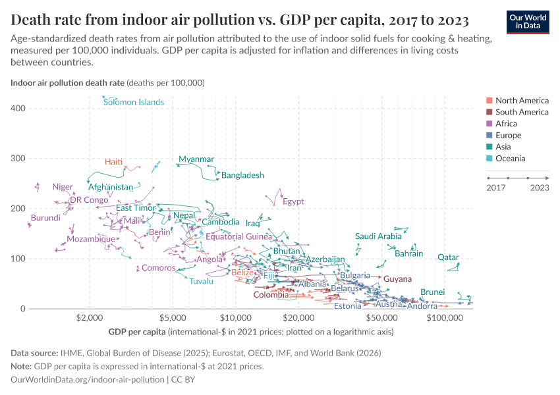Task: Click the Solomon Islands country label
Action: (134, 102)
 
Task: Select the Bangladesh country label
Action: (242, 175)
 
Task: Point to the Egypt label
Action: (293, 201)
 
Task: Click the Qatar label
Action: (448, 257)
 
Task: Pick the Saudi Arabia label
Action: (378, 236)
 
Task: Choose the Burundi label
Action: (45, 218)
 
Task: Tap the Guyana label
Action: (397, 279)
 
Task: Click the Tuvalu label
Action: (202, 281)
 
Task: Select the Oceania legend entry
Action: (512, 159)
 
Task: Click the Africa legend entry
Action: (506, 124)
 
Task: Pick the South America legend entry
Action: (522, 112)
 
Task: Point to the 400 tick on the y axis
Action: (18, 108)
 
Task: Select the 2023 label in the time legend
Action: (540, 188)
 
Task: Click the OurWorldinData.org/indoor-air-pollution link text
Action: (88, 380)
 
